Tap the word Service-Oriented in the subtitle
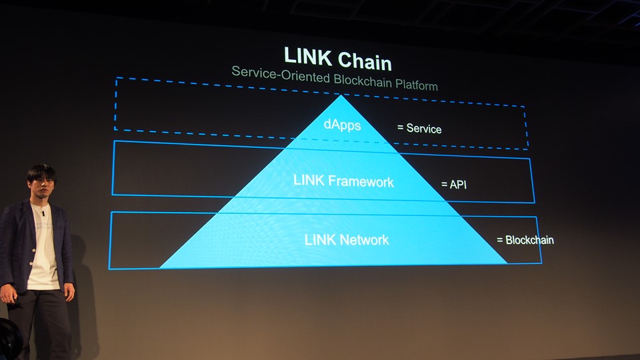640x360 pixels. (273, 72)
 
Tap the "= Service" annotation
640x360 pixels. (419, 128)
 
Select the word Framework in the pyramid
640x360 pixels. (360, 181)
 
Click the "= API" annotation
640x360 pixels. (454, 184)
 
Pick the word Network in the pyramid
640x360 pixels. (364, 240)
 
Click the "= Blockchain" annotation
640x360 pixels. (525, 240)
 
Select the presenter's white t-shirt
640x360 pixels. (43, 253)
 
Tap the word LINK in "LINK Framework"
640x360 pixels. (308, 181)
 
